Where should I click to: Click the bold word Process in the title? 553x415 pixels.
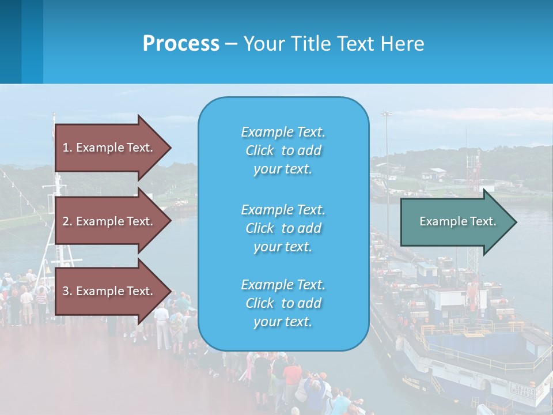click(181, 44)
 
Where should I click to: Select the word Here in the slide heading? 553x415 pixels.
click(404, 44)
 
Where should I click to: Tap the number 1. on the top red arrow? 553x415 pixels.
click(67, 148)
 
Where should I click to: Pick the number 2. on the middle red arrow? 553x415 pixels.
click(67, 221)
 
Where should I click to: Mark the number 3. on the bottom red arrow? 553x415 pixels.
click(67, 291)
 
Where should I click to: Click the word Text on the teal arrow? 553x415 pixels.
click(483, 221)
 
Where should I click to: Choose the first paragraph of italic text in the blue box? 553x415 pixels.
click(283, 150)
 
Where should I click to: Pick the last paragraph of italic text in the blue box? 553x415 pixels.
click(283, 303)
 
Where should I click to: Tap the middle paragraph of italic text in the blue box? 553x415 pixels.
click(283, 228)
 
